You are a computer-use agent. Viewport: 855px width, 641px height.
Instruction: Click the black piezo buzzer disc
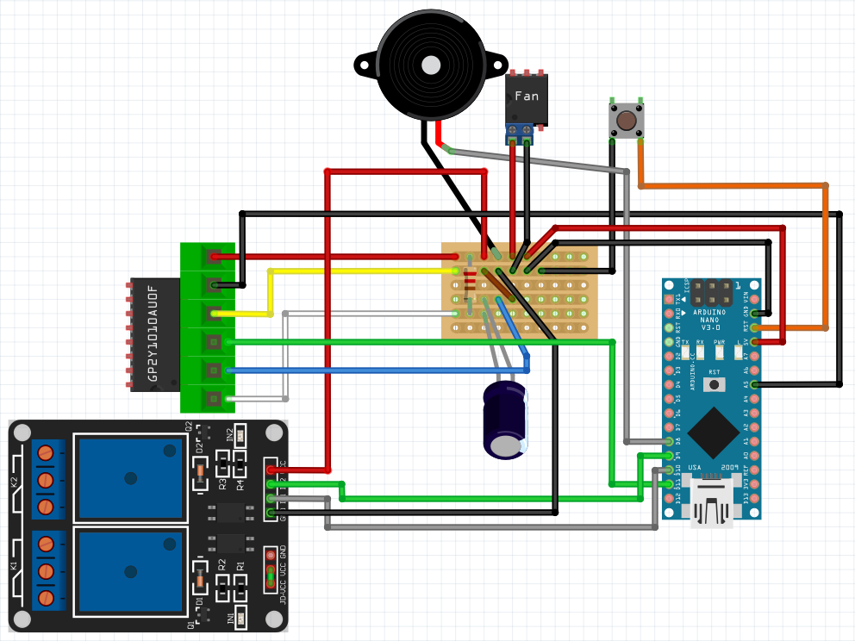point(428,65)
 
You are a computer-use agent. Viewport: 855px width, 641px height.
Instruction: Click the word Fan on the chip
point(526,96)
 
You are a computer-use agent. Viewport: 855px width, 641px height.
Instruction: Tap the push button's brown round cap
point(627,119)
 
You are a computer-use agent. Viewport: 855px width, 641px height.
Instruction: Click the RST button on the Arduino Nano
point(715,383)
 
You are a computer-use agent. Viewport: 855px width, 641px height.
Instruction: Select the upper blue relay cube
point(131,477)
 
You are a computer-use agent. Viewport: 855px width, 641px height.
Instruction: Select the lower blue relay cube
point(131,571)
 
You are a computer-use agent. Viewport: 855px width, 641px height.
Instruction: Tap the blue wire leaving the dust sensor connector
point(362,371)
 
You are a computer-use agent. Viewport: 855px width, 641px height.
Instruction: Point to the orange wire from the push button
point(733,185)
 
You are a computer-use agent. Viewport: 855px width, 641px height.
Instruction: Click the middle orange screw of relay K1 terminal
point(48,571)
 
